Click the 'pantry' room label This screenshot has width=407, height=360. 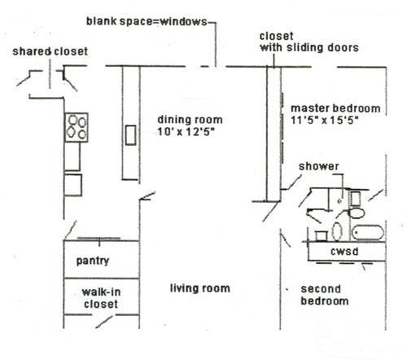pos(93,261)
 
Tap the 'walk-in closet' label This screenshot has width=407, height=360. pos(101,298)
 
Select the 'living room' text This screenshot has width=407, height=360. pos(200,288)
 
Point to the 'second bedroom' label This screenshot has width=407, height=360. pos(325,295)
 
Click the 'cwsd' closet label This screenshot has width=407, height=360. pos(344,252)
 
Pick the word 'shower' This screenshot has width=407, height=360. pos(319,166)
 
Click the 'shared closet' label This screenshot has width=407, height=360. pos(50,51)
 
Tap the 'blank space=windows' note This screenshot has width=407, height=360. pos(147,21)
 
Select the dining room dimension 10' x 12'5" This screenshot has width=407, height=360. pos(186,132)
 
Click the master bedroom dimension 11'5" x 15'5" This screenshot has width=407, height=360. pos(325,120)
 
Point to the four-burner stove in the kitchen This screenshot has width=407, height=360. pos(77,127)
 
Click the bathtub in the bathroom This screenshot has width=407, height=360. pos(368,233)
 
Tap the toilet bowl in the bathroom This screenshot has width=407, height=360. pos(357,213)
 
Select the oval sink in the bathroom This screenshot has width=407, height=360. pos(337,231)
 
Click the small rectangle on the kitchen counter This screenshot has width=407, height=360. pos(131,135)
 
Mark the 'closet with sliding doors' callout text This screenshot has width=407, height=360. pos(309,42)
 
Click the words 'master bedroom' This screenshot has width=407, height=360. pos(335,108)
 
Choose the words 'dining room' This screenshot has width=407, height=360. pos(190,120)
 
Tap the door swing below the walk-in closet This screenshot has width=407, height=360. pos(104,322)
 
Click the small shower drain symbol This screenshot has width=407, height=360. pos(339,201)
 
